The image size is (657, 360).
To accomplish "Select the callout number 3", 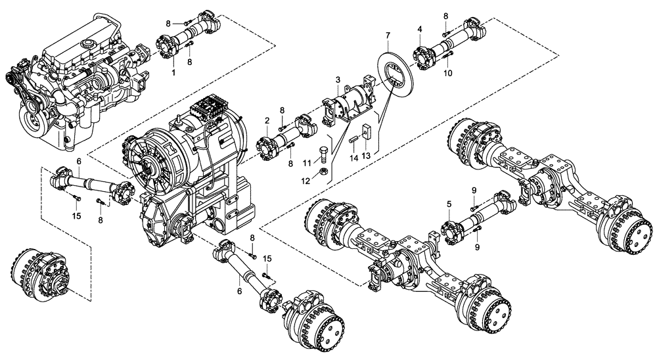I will [337, 79].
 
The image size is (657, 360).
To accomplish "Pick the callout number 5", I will [448, 204].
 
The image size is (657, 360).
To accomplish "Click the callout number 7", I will [388, 34].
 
